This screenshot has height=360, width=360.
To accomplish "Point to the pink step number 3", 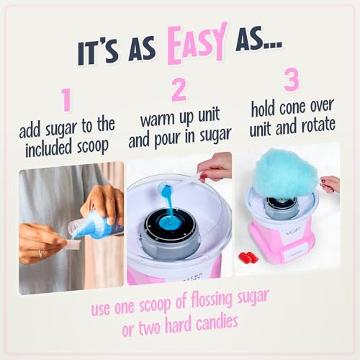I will pyautogui.click(x=291, y=80).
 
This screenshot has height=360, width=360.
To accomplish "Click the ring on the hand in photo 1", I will pyautogui.click(x=39, y=253).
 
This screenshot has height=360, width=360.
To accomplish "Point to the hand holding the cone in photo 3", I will pyautogui.click(x=330, y=184).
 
